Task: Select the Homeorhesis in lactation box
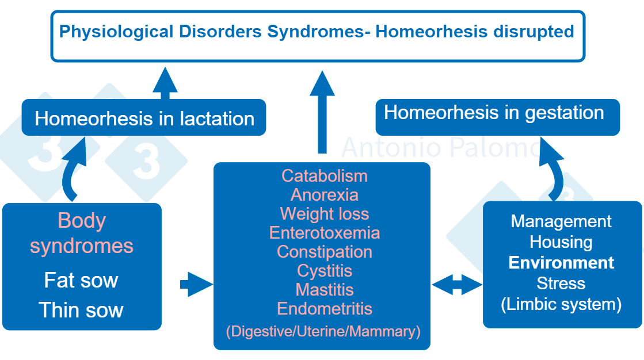click(x=144, y=118)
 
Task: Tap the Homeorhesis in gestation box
click(x=497, y=113)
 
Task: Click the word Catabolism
click(x=325, y=175)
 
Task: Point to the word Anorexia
click(x=325, y=194)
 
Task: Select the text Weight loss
click(x=325, y=214)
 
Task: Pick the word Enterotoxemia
click(x=325, y=233)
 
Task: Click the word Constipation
click(x=325, y=252)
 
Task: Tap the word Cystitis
click(x=325, y=270)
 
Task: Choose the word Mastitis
click(x=325, y=289)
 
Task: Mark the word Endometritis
click(x=325, y=308)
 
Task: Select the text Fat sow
click(x=81, y=280)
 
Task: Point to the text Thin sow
click(x=81, y=310)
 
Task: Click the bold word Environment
click(x=561, y=263)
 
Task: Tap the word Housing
click(x=561, y=242)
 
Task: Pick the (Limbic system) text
click(x=561, y=304)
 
